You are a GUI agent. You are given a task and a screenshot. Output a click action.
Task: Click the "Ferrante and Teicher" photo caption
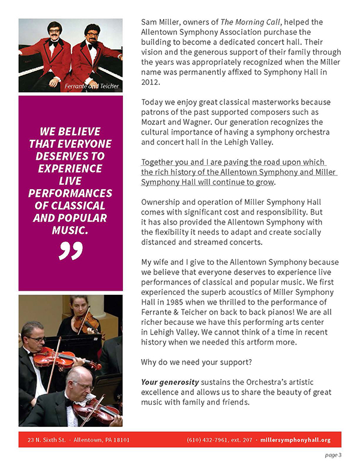pos(91,86)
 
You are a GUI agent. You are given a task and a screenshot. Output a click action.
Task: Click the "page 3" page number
pos(334,455)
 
